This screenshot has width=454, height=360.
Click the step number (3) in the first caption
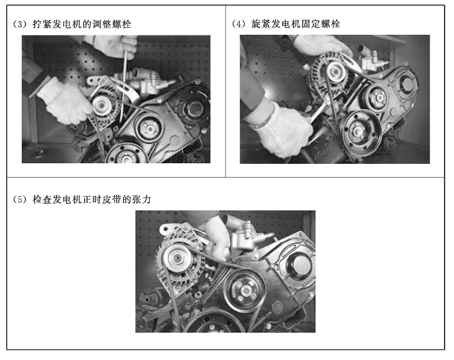19,24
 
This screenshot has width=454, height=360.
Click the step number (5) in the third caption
19,200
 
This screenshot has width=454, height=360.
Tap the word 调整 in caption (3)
102,24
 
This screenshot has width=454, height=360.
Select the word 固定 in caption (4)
312,24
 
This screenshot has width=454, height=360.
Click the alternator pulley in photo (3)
101,106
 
